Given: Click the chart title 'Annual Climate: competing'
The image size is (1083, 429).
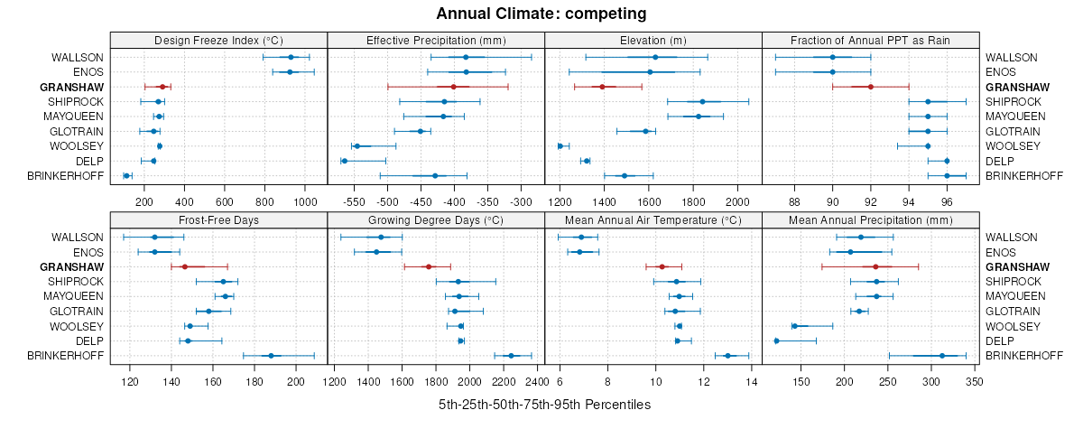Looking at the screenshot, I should (541, 14).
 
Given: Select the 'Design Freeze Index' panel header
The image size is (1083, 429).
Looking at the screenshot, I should (218, 40).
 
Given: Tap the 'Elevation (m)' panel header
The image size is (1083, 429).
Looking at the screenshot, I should (653, 40).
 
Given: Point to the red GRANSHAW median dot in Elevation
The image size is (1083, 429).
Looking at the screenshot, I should (602, 87).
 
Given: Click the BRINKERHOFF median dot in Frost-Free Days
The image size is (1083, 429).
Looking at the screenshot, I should (271, 356).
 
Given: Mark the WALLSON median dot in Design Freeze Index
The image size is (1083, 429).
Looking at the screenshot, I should (291, 57).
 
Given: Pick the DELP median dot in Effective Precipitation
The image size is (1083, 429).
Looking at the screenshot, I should (344, 161).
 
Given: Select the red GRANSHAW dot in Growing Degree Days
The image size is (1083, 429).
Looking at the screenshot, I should (429, 266).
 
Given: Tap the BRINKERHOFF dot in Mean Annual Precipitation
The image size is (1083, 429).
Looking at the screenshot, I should (941, 356).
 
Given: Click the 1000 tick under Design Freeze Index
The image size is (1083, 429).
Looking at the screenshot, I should (305, 201).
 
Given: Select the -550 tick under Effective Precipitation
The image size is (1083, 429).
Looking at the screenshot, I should (353, 201).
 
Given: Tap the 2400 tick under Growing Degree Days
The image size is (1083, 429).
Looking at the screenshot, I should (537, 381).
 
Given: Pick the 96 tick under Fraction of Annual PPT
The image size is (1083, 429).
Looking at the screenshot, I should (947, 201).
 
